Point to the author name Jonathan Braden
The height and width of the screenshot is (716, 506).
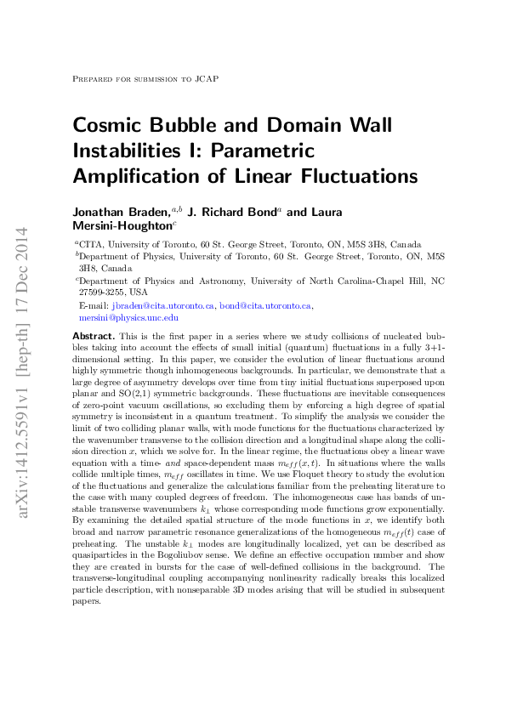[x=120, y=212]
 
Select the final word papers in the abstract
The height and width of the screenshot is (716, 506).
[x=85, y=600]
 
